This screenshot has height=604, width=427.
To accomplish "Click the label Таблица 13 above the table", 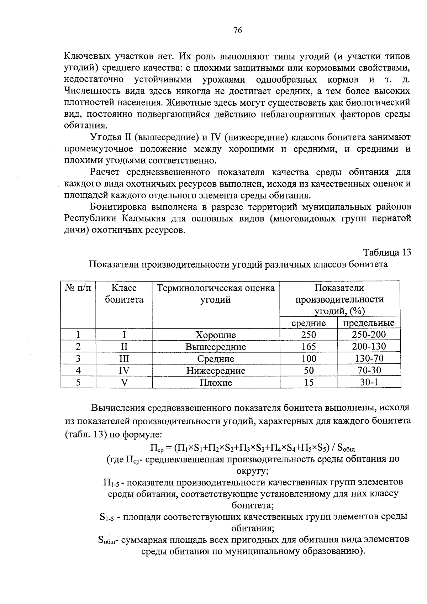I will [x=387, y=252].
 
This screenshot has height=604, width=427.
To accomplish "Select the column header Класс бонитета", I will [x=124, y=294].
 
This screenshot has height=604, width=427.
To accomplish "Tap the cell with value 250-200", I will [x=369, y=334].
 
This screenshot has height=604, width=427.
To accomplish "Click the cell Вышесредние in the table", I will [x=216, y=347].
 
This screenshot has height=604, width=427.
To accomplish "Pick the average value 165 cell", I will [x=309, y=347].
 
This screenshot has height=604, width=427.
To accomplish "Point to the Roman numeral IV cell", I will [x=124, y=371].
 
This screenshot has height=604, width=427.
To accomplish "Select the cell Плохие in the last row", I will [x=216, y=383].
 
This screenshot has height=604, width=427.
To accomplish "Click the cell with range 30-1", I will [x=369, y=382].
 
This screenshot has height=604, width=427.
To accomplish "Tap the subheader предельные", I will [x=369, y=323].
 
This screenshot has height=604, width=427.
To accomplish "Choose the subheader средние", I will [x=309, y=323].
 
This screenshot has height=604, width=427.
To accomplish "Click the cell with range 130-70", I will [x=369, y=358].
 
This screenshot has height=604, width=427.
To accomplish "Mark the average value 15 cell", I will [x=309, y=383].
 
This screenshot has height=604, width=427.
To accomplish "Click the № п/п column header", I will [x=78, y=288].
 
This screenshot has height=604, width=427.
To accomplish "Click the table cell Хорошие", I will [x=216, y=335].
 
